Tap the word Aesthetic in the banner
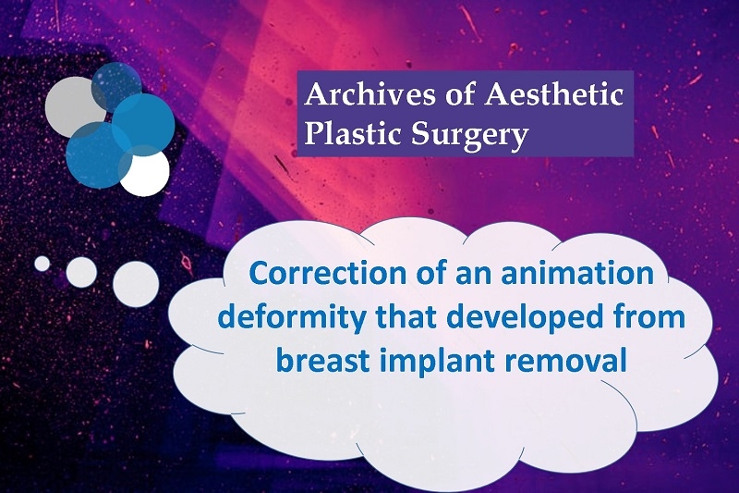[x=554, y=95]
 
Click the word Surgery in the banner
[x=469, y=136]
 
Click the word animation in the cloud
[x=577, y=273]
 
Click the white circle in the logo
[x=145, y=172]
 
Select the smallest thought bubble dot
[x=42, y=264]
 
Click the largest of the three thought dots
[x=136, y=285]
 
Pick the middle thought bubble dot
[x=81, y=273]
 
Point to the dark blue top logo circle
[x=117, y=87]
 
